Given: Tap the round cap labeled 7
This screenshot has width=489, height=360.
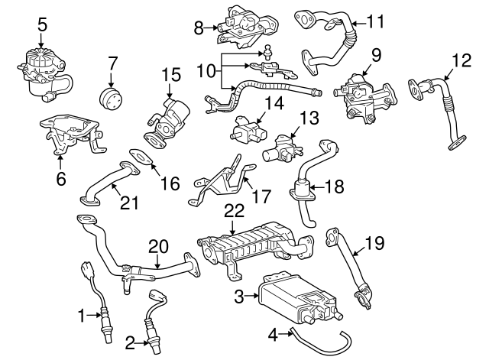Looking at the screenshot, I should (112, 99).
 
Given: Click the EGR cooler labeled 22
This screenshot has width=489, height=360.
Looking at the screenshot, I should (251, 245).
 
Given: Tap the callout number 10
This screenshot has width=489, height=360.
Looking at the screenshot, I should (206, 70).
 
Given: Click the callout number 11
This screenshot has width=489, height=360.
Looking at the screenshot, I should (374, 22).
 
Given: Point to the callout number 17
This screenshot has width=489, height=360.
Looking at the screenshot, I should (261, 196).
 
